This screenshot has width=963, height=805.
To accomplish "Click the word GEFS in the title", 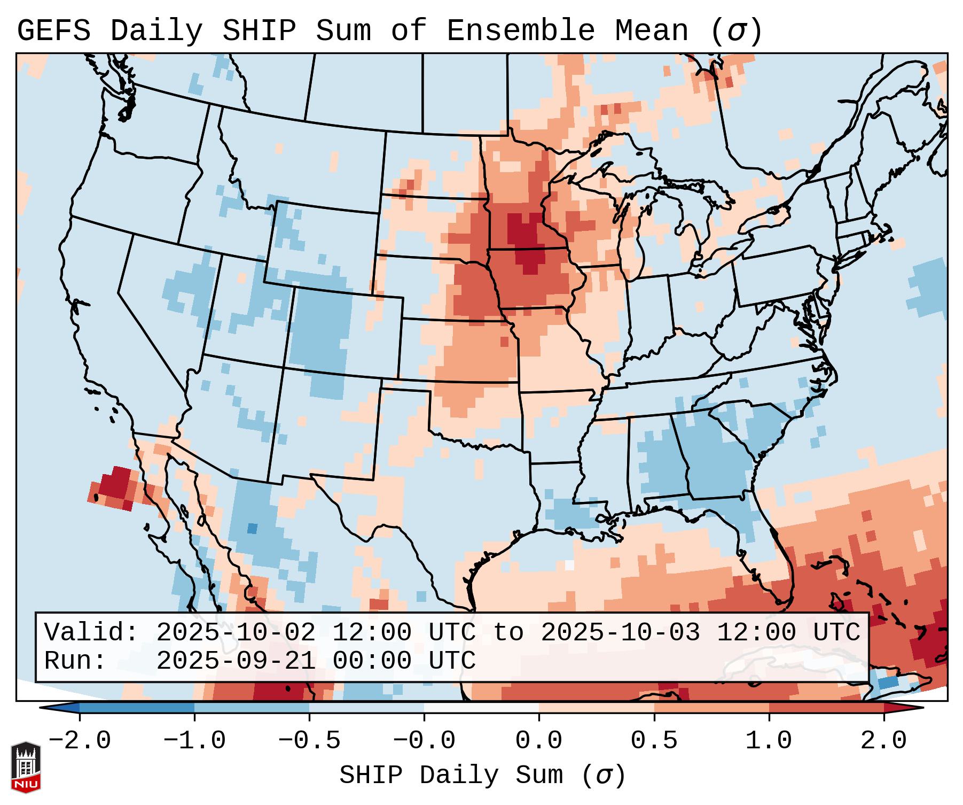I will click(x=53, y=31).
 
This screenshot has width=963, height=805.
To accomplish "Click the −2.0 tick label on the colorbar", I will click(x=80, y=741).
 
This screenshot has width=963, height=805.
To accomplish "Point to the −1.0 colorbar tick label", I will click(x=194, y=741).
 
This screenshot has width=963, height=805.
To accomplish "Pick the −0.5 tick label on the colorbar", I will click(x=309, y=741).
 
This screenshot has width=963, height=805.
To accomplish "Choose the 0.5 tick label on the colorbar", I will click(x=654, y=741).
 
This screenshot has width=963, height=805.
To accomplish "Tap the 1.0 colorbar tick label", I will click(x=769, y=741).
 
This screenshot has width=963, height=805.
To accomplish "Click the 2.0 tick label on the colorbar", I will click(x=883, y=741).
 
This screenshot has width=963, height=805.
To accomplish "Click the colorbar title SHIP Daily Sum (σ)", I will click(x=482, y=775).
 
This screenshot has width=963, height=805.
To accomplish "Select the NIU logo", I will click(x=26, y=767).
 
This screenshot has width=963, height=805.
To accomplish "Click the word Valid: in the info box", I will click(x=91, y=632).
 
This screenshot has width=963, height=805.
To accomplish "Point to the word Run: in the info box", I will click(x=75, y=661).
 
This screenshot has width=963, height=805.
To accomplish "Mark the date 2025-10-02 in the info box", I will click(x=236, y=632).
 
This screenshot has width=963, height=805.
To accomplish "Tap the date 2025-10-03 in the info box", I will click(x=620, y=632).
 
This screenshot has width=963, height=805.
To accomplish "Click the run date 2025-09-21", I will click(x=236, y=661).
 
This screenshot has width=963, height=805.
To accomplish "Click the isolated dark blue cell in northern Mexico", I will click(x=252, y=529).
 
